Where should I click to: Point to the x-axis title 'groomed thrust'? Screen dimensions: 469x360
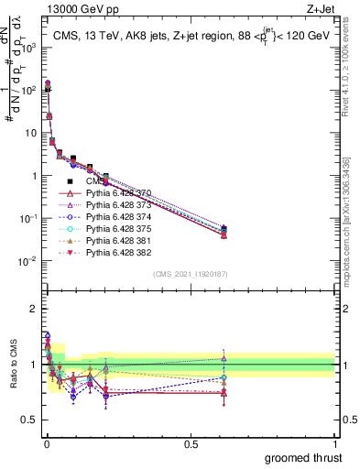click(x=303, y=456)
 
